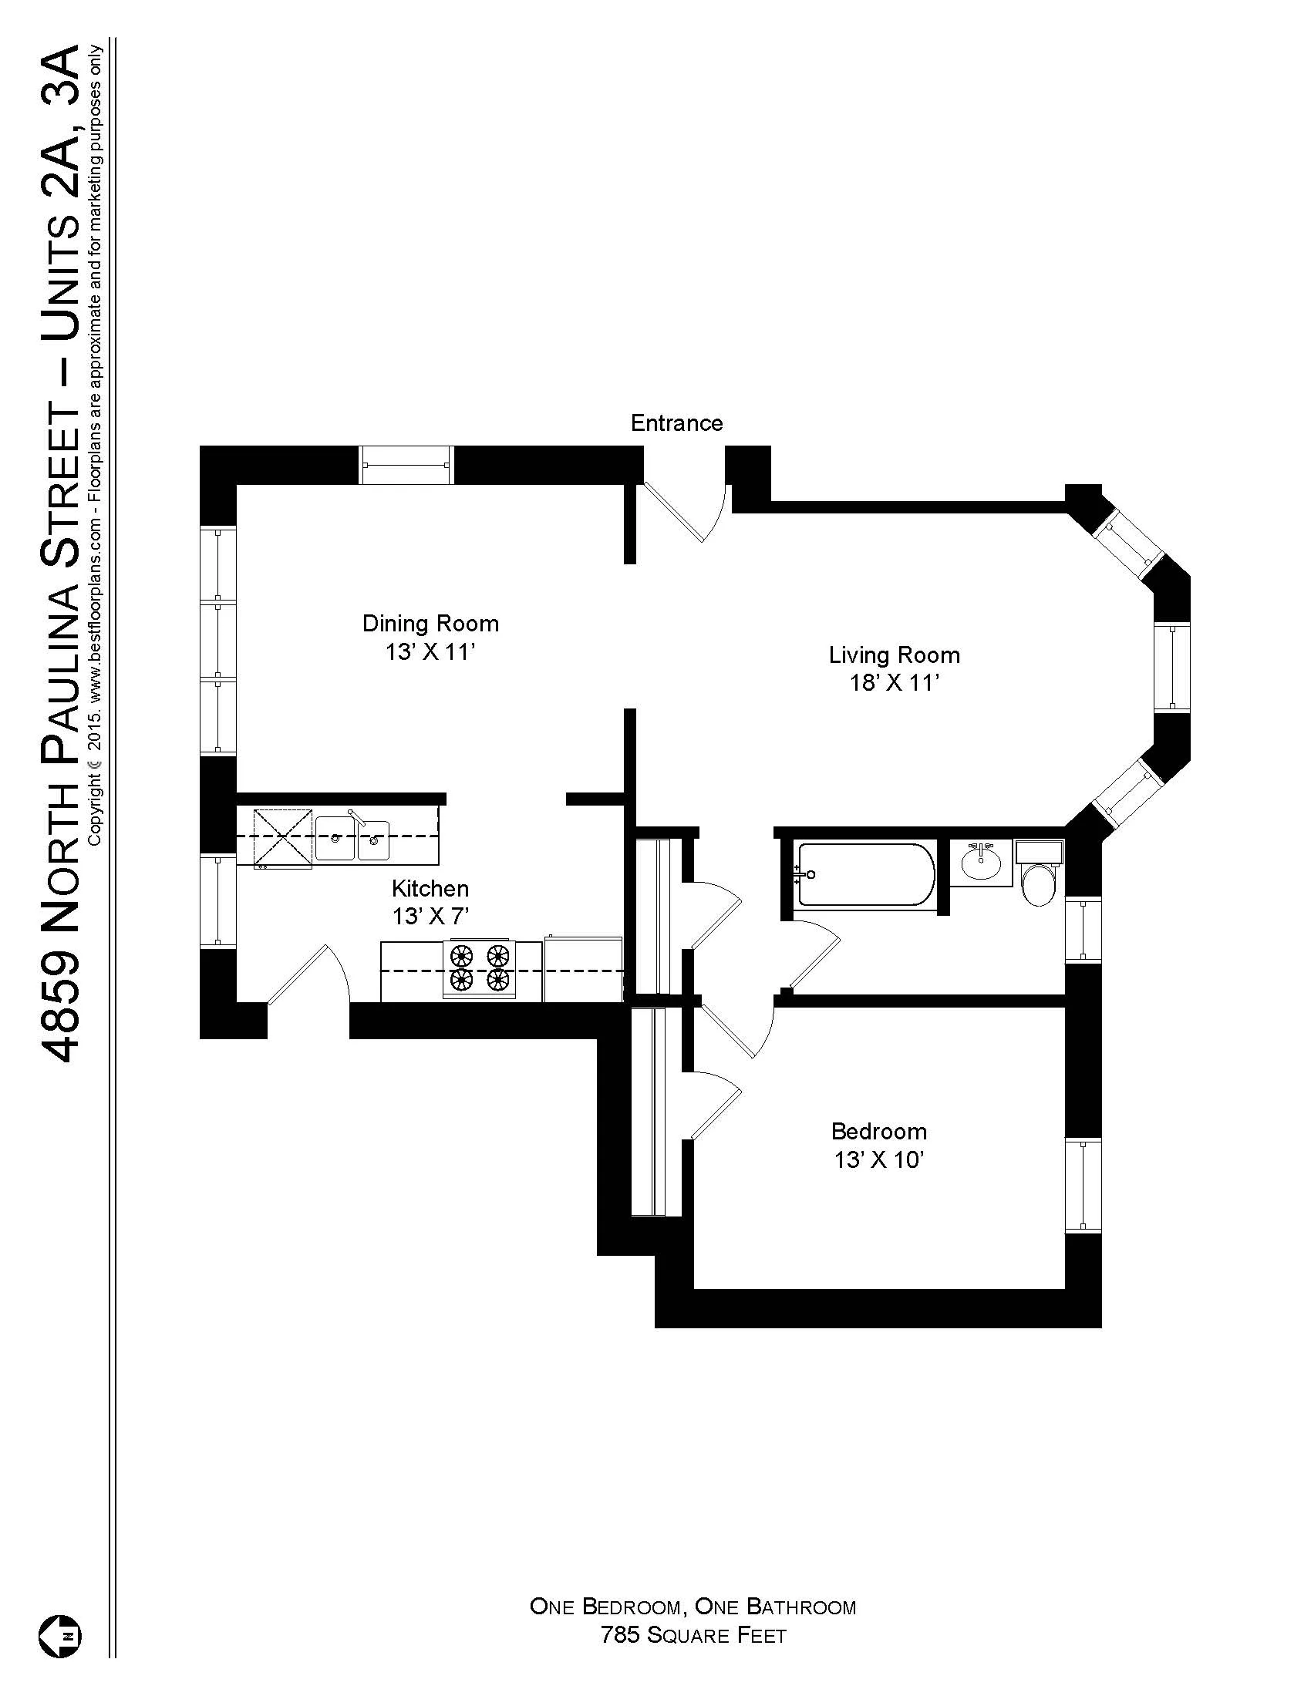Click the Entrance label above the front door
click(676, 423)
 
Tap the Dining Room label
click(430, 624)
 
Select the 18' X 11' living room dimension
click(895, 682)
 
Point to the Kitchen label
click(430, 888)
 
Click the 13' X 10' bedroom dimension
click(878, 1159)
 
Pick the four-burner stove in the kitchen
click(480, 969)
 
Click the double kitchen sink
click(352, 837)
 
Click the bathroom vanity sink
click(981, 863)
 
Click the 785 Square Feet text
click(693, 1635)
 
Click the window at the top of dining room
click(406, 464)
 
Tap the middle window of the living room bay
click(1171, 667)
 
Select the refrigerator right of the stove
click(582, 969)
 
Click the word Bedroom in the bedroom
click(878, 1131)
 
